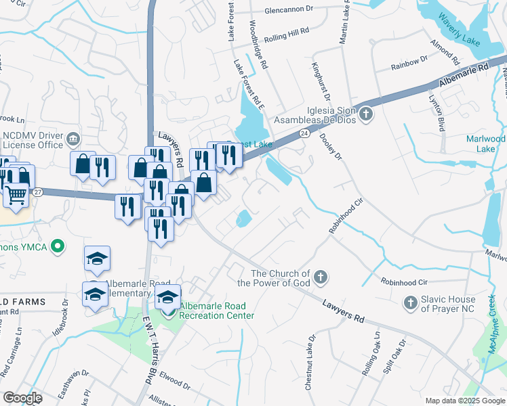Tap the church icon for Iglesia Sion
[x=365, y=113]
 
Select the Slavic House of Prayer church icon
[x=409, y=302]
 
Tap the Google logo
[x=22, y=398]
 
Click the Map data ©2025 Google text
[x=464, y=401]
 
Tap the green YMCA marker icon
[x=59, y=248]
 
